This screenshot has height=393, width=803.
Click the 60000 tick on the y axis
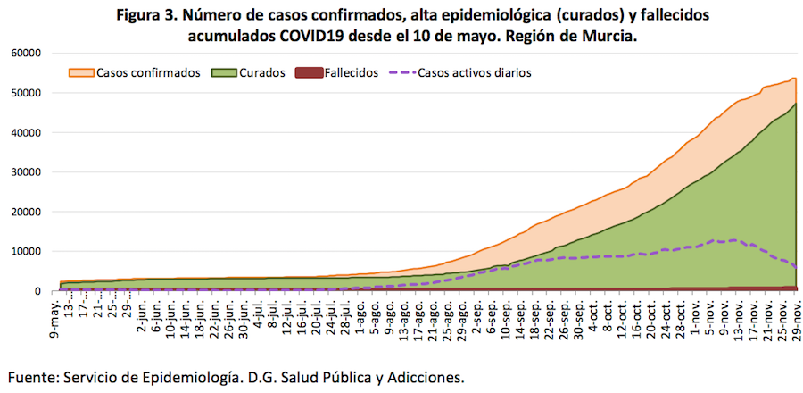coord(28,54)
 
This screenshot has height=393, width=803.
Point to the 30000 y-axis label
coord(28,172)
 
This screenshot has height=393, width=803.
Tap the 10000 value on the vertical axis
coord(28,252)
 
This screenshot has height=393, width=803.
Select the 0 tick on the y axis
coord(38,291)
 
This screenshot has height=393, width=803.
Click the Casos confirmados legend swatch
coord(81,72)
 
